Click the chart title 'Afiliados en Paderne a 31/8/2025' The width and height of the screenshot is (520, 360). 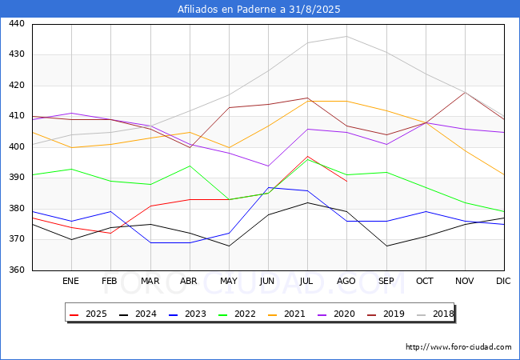[260, 10]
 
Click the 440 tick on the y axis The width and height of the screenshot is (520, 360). [17, 24]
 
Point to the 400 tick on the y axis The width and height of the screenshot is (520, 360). [17, 147]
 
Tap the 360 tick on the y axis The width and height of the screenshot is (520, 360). [17, 270]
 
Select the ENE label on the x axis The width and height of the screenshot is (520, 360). [71, 282]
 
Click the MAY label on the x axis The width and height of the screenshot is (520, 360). [229, 282]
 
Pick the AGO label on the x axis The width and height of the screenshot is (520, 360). [346, 282]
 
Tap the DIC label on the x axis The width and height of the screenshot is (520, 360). [503, 282]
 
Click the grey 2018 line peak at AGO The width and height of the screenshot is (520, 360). [346, 36]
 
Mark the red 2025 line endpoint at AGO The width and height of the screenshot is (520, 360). [346, 181]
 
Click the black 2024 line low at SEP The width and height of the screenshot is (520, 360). [386, 246]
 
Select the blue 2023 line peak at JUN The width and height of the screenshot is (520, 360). [268, 187]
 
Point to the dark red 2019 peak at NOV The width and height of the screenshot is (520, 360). [464, 92]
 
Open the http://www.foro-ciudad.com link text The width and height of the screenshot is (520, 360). [458, 347]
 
